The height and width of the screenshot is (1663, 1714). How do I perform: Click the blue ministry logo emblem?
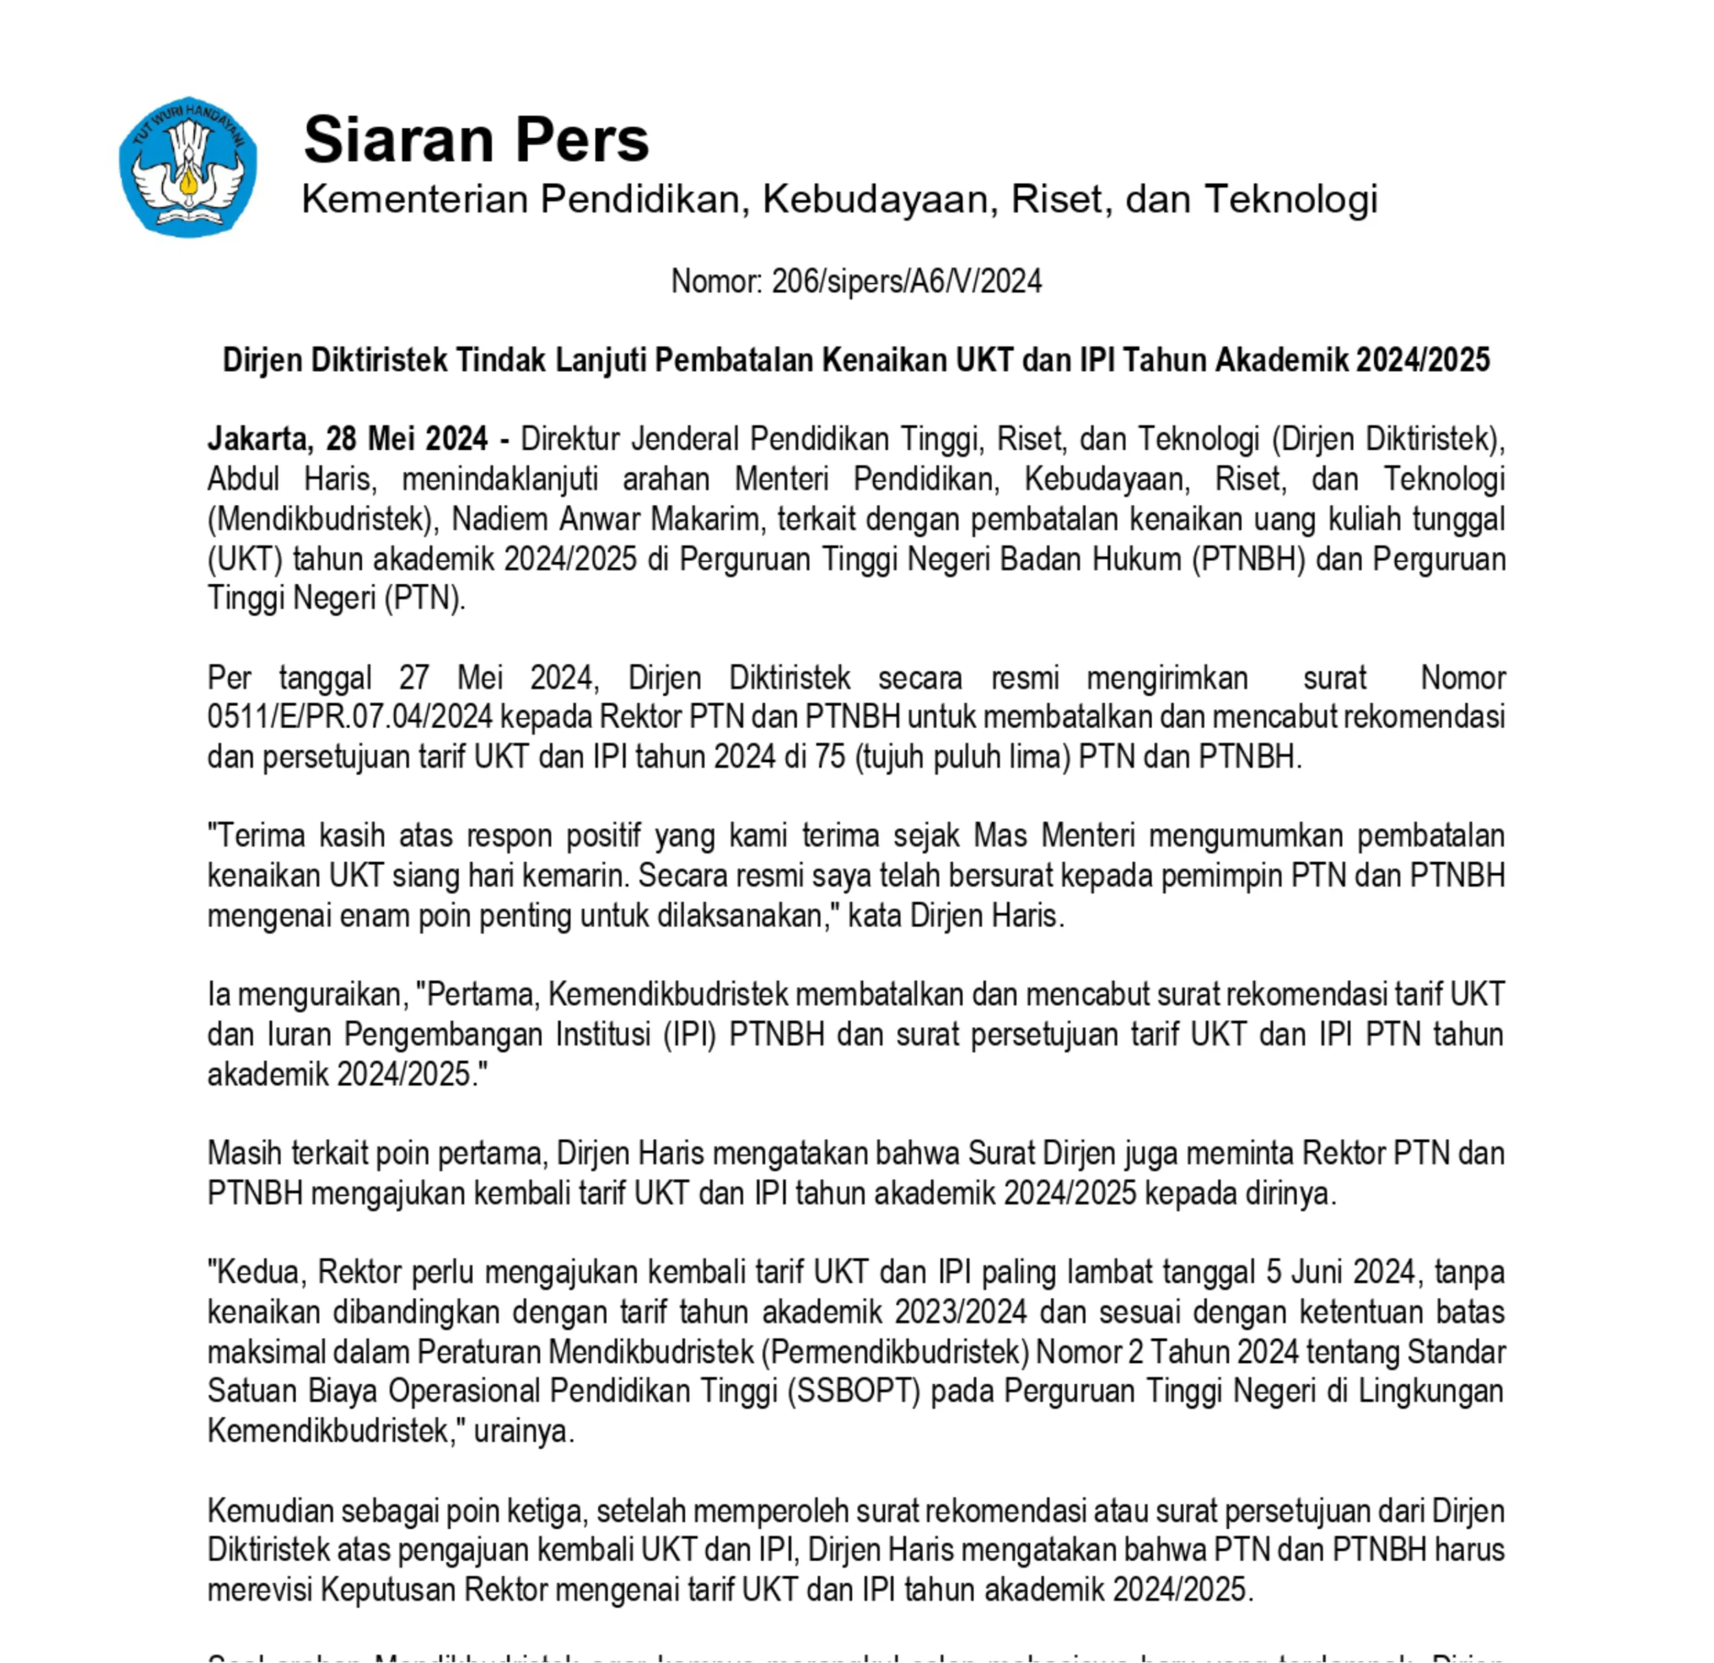pos(188,166)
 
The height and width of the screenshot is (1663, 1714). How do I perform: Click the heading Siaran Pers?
pos(476,139)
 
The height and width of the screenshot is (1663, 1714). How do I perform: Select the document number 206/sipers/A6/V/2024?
pos(906,282)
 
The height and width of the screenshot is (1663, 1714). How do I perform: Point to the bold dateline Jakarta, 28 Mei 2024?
pos(347,439)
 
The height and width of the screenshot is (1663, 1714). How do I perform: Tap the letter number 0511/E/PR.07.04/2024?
pos(350,717)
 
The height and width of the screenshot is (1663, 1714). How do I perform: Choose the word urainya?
pos(523,1431)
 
